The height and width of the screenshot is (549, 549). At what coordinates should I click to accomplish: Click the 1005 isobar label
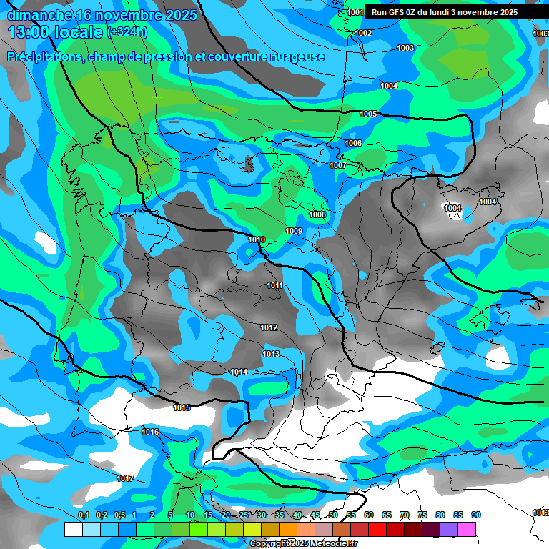coord(368,114)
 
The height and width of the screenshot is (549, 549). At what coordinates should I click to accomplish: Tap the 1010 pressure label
coord(257,239)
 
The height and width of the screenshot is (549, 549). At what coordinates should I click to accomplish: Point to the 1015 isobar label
coord(182,407)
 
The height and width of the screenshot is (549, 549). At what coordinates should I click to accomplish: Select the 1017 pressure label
coord(125,478)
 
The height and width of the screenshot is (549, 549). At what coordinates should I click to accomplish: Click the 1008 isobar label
coord(317,214)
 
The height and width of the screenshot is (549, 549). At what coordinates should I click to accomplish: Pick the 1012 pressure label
coord(269,327)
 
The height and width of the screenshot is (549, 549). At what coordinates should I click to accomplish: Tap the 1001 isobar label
coord(355,12)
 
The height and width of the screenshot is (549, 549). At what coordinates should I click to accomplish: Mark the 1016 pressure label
coord(150,432)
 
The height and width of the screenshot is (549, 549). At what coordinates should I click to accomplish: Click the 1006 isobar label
coord(353,143)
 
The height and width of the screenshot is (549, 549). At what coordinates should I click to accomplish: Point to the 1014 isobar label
coord(239,372)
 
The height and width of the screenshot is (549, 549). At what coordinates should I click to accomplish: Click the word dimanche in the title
coord(39,14)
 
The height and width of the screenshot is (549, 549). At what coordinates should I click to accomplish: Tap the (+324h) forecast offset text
coord(127,31)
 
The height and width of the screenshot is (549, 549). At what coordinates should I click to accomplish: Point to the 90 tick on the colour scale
coord(476,515)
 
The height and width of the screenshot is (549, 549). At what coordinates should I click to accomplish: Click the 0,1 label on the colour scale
coord(83,515)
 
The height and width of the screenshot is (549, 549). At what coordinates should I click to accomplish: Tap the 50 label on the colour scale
coord(333,515)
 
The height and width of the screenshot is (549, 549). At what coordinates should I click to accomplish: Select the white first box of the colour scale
coord(73,529)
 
